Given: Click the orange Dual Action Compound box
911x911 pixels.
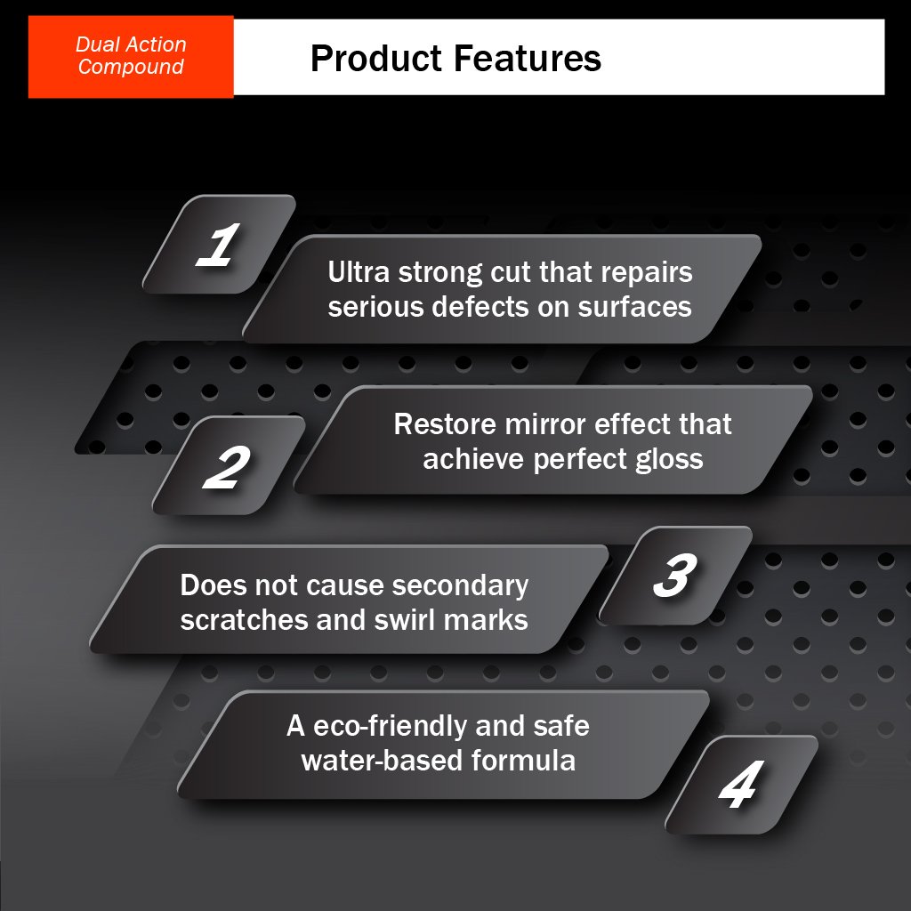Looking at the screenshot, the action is coord(131,56).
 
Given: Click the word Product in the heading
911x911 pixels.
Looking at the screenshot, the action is coord(376,58).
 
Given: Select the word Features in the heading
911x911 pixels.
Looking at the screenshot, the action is coord(527,58).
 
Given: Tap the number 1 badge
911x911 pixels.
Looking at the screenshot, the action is coord(219,244).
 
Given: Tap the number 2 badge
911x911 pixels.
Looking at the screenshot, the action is coord(229,465).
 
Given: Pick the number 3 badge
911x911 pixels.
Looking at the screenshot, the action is coord(675,576).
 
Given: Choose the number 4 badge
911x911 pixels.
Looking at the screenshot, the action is coord(741,785).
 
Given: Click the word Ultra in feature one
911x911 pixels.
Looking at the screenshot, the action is coord(359,272).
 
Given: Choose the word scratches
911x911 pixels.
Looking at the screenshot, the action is coord(244,620).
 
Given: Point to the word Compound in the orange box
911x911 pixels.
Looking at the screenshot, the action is coord(131,68).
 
